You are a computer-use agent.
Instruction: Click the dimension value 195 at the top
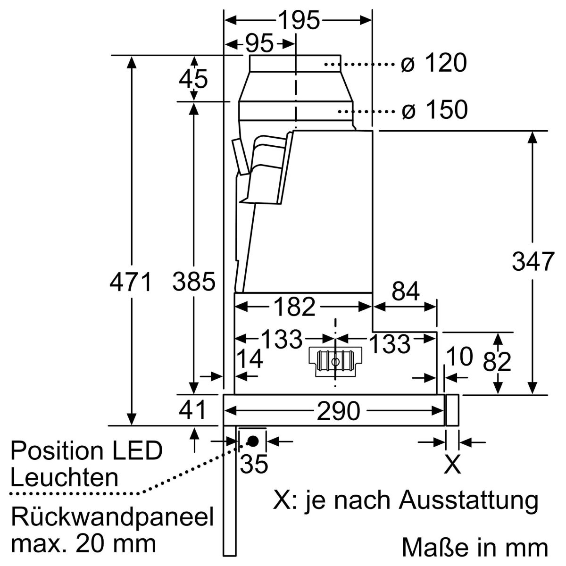pos(299,20)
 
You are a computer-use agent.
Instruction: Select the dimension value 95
pos(259,44)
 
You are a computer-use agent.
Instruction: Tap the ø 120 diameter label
pos(433,63)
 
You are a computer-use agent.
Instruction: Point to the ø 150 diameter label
pos(434,110)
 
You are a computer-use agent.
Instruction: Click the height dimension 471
pos(131,282)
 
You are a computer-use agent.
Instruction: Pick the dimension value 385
pos(193,282)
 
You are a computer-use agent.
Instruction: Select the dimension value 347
pos(533,262)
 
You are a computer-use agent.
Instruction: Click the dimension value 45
pos(193,79)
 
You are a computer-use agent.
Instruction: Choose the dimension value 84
pos(406,292)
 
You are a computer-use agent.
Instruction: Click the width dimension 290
pos(338,411)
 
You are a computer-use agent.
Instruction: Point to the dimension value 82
pos(497,362)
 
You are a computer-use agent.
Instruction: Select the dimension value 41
pos(193,410)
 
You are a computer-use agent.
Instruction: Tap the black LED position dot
pos(253,441)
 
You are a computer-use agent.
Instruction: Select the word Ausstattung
pos(468,500)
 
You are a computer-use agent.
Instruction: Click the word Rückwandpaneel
pos(112,517)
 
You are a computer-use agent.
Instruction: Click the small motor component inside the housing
pos(335,362)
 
